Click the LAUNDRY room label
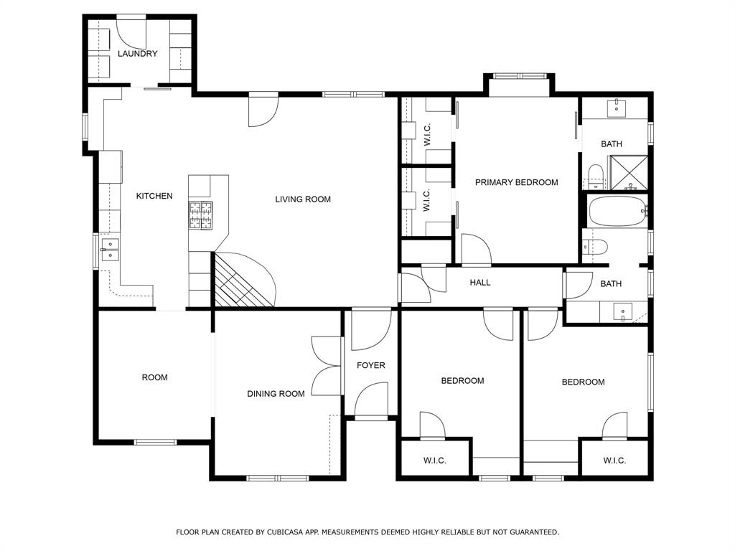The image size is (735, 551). tap(137, 53)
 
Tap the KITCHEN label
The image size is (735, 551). tap(154, 196)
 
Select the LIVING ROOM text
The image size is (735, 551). tap(303, 199)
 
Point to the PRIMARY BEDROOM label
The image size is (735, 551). tap(517, 182)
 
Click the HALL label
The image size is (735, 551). tap(480, 283)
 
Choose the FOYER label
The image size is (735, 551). tap(371, 365)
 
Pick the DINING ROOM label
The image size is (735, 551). tap(276, 394)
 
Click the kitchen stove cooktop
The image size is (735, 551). tap(201, 215)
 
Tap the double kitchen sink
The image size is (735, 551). tap(110, 249)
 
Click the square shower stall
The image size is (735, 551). tap(629, 173)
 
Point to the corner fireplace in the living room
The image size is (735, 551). tap(243, 280)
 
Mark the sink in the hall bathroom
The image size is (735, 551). tap(623, 312)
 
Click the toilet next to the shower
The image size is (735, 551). tap(594, 176)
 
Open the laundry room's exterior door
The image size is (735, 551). tap(131, 34)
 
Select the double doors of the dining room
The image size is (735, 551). tap(327, 366)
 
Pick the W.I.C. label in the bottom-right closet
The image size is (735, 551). tap(614, 461)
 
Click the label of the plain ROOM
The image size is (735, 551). tap(155, 377)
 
